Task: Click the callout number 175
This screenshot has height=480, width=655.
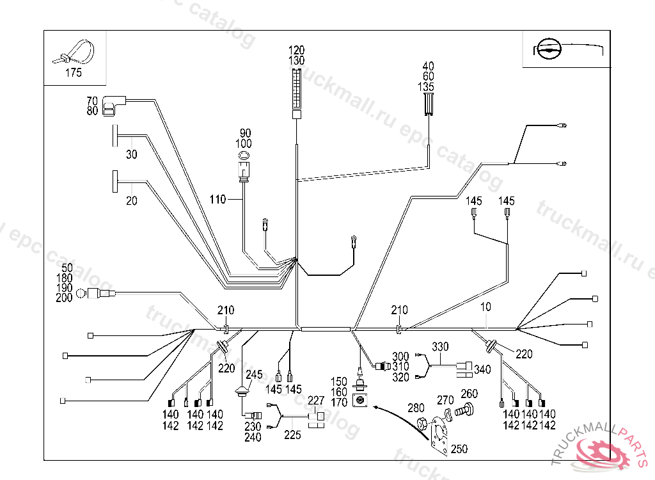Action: coord(74,73)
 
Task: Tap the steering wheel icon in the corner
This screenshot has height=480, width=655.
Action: coord(549,49)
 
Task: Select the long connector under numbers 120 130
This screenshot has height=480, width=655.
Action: coord(296,93)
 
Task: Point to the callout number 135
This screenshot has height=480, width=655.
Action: coord(426,86)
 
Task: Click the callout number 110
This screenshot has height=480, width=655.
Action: coord(217,200)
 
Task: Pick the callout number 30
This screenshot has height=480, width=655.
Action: coord(131,154)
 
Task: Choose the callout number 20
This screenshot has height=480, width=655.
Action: coord(131,200)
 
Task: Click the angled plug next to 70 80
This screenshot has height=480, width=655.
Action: coord(114,104)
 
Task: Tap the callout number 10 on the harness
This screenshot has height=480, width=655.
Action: coord(485,307)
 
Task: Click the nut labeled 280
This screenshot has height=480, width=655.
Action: coord(422,424)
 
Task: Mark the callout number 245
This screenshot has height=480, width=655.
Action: coord(254,374)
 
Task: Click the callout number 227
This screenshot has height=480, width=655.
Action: coord(316,401)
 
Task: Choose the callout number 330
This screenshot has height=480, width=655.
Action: coord(440,347)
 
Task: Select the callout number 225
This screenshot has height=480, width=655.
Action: coord(292,435)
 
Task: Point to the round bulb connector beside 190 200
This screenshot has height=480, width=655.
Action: coord(83,294)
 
